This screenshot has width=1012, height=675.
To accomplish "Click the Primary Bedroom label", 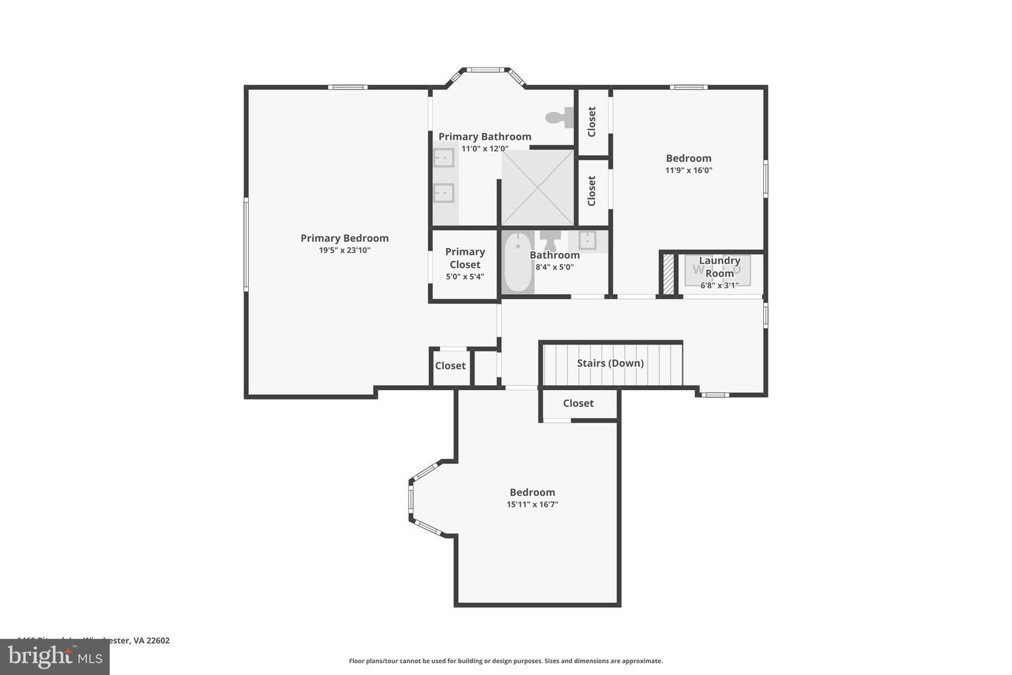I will (344, 238).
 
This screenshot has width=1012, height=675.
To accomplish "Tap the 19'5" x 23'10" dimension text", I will (344, 250).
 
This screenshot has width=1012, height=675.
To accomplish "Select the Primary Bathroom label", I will (485, 136).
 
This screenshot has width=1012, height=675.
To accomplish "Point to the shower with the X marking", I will (538, 188).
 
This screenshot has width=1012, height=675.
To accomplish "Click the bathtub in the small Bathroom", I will (517, 263).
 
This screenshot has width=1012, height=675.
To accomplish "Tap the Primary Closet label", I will (465, 258).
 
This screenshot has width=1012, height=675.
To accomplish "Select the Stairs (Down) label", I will (610, 363).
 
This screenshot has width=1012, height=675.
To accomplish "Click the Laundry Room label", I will (720, 266).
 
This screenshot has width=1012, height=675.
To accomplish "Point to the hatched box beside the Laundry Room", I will (668, 274).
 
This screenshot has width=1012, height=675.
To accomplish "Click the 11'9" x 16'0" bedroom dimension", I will (689, 170).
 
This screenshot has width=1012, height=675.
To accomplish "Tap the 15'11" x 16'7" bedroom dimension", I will (532, 504).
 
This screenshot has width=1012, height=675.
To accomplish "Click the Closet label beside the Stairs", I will (578, 403).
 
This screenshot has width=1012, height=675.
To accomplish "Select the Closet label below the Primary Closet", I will (450, 366).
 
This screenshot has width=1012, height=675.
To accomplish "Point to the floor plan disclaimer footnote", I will (505, 661).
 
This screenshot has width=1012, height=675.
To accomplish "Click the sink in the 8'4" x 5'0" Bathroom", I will (587, 240).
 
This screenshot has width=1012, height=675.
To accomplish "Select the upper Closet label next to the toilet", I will (592, 122).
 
